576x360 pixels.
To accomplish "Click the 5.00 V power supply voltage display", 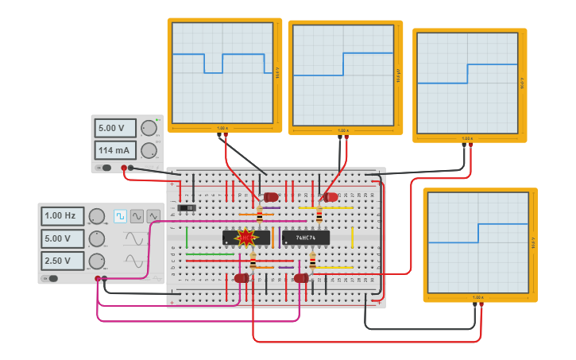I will point(115,128).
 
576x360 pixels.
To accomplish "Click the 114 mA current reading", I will point(115,150).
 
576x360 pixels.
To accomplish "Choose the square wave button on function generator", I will point(120,216).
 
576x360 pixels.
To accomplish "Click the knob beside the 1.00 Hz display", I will point(97,216).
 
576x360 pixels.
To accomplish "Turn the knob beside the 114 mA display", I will point(149,150).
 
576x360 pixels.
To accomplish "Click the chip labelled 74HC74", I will point(306,237).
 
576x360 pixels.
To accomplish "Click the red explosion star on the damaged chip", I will point(245,237).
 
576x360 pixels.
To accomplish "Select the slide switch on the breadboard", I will point(187,208).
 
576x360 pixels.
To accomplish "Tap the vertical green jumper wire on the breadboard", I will point(187,236).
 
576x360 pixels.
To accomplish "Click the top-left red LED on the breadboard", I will point(271,197).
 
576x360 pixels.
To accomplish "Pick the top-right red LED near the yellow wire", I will point(331,197).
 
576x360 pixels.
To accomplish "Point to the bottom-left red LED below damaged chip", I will point(242,278).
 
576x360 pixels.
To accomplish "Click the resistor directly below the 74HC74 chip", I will point(312,261).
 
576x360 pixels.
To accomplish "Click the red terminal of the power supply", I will point(124,168).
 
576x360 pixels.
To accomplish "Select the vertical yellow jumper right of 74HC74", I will point(352,236).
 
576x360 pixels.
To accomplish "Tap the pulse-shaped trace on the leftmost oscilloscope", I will point(213,64).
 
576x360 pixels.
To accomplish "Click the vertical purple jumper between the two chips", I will point(279,236).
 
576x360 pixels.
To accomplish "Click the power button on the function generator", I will point(52,278).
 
